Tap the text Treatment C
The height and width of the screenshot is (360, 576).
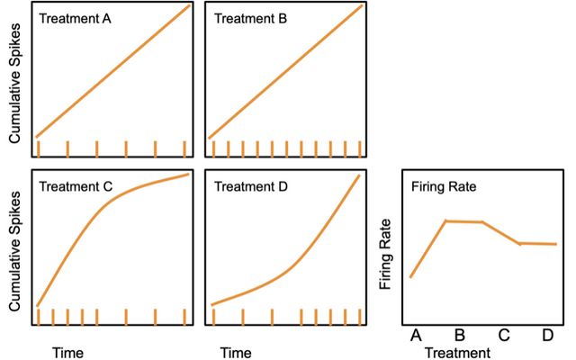pyautogui.click(x=76, y=187)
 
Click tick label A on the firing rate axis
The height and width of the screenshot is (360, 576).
pyautogui.click(x=415, y=336)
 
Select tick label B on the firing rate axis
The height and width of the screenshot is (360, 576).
pyautogui.click(x=459, y=336)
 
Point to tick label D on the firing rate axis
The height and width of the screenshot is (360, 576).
pyautogui.click(x=547, y=336)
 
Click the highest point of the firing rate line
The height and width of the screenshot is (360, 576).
pyautogui.click(x=447, y=220)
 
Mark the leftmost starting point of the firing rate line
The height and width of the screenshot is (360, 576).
pyautogui.click(x=410, y=277)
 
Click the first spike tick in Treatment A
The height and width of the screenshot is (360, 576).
pyautogui.click(x=38, y=148)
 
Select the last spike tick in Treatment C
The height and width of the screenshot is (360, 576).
pyautogui.click(x=184, y=316)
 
